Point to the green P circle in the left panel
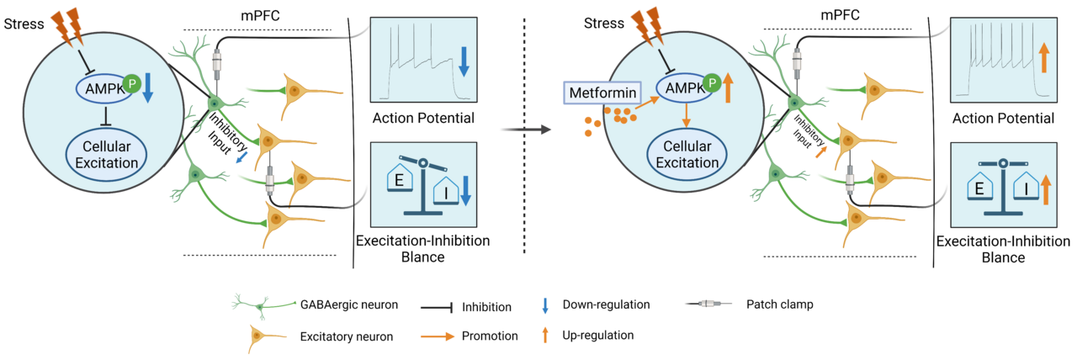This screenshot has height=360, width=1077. [x=131, y=82]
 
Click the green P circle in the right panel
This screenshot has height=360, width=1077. [x=712, y=82]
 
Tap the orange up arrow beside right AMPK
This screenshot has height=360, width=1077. [x=729, y=87]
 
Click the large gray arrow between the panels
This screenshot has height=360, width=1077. [x=525, y=130]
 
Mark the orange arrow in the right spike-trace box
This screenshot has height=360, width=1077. [x=1043, y=60]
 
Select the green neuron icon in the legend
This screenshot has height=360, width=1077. [x=263, y=304]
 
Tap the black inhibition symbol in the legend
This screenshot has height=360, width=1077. [x=437, y=309]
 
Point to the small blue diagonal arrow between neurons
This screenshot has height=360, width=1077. [x=241, y=156]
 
